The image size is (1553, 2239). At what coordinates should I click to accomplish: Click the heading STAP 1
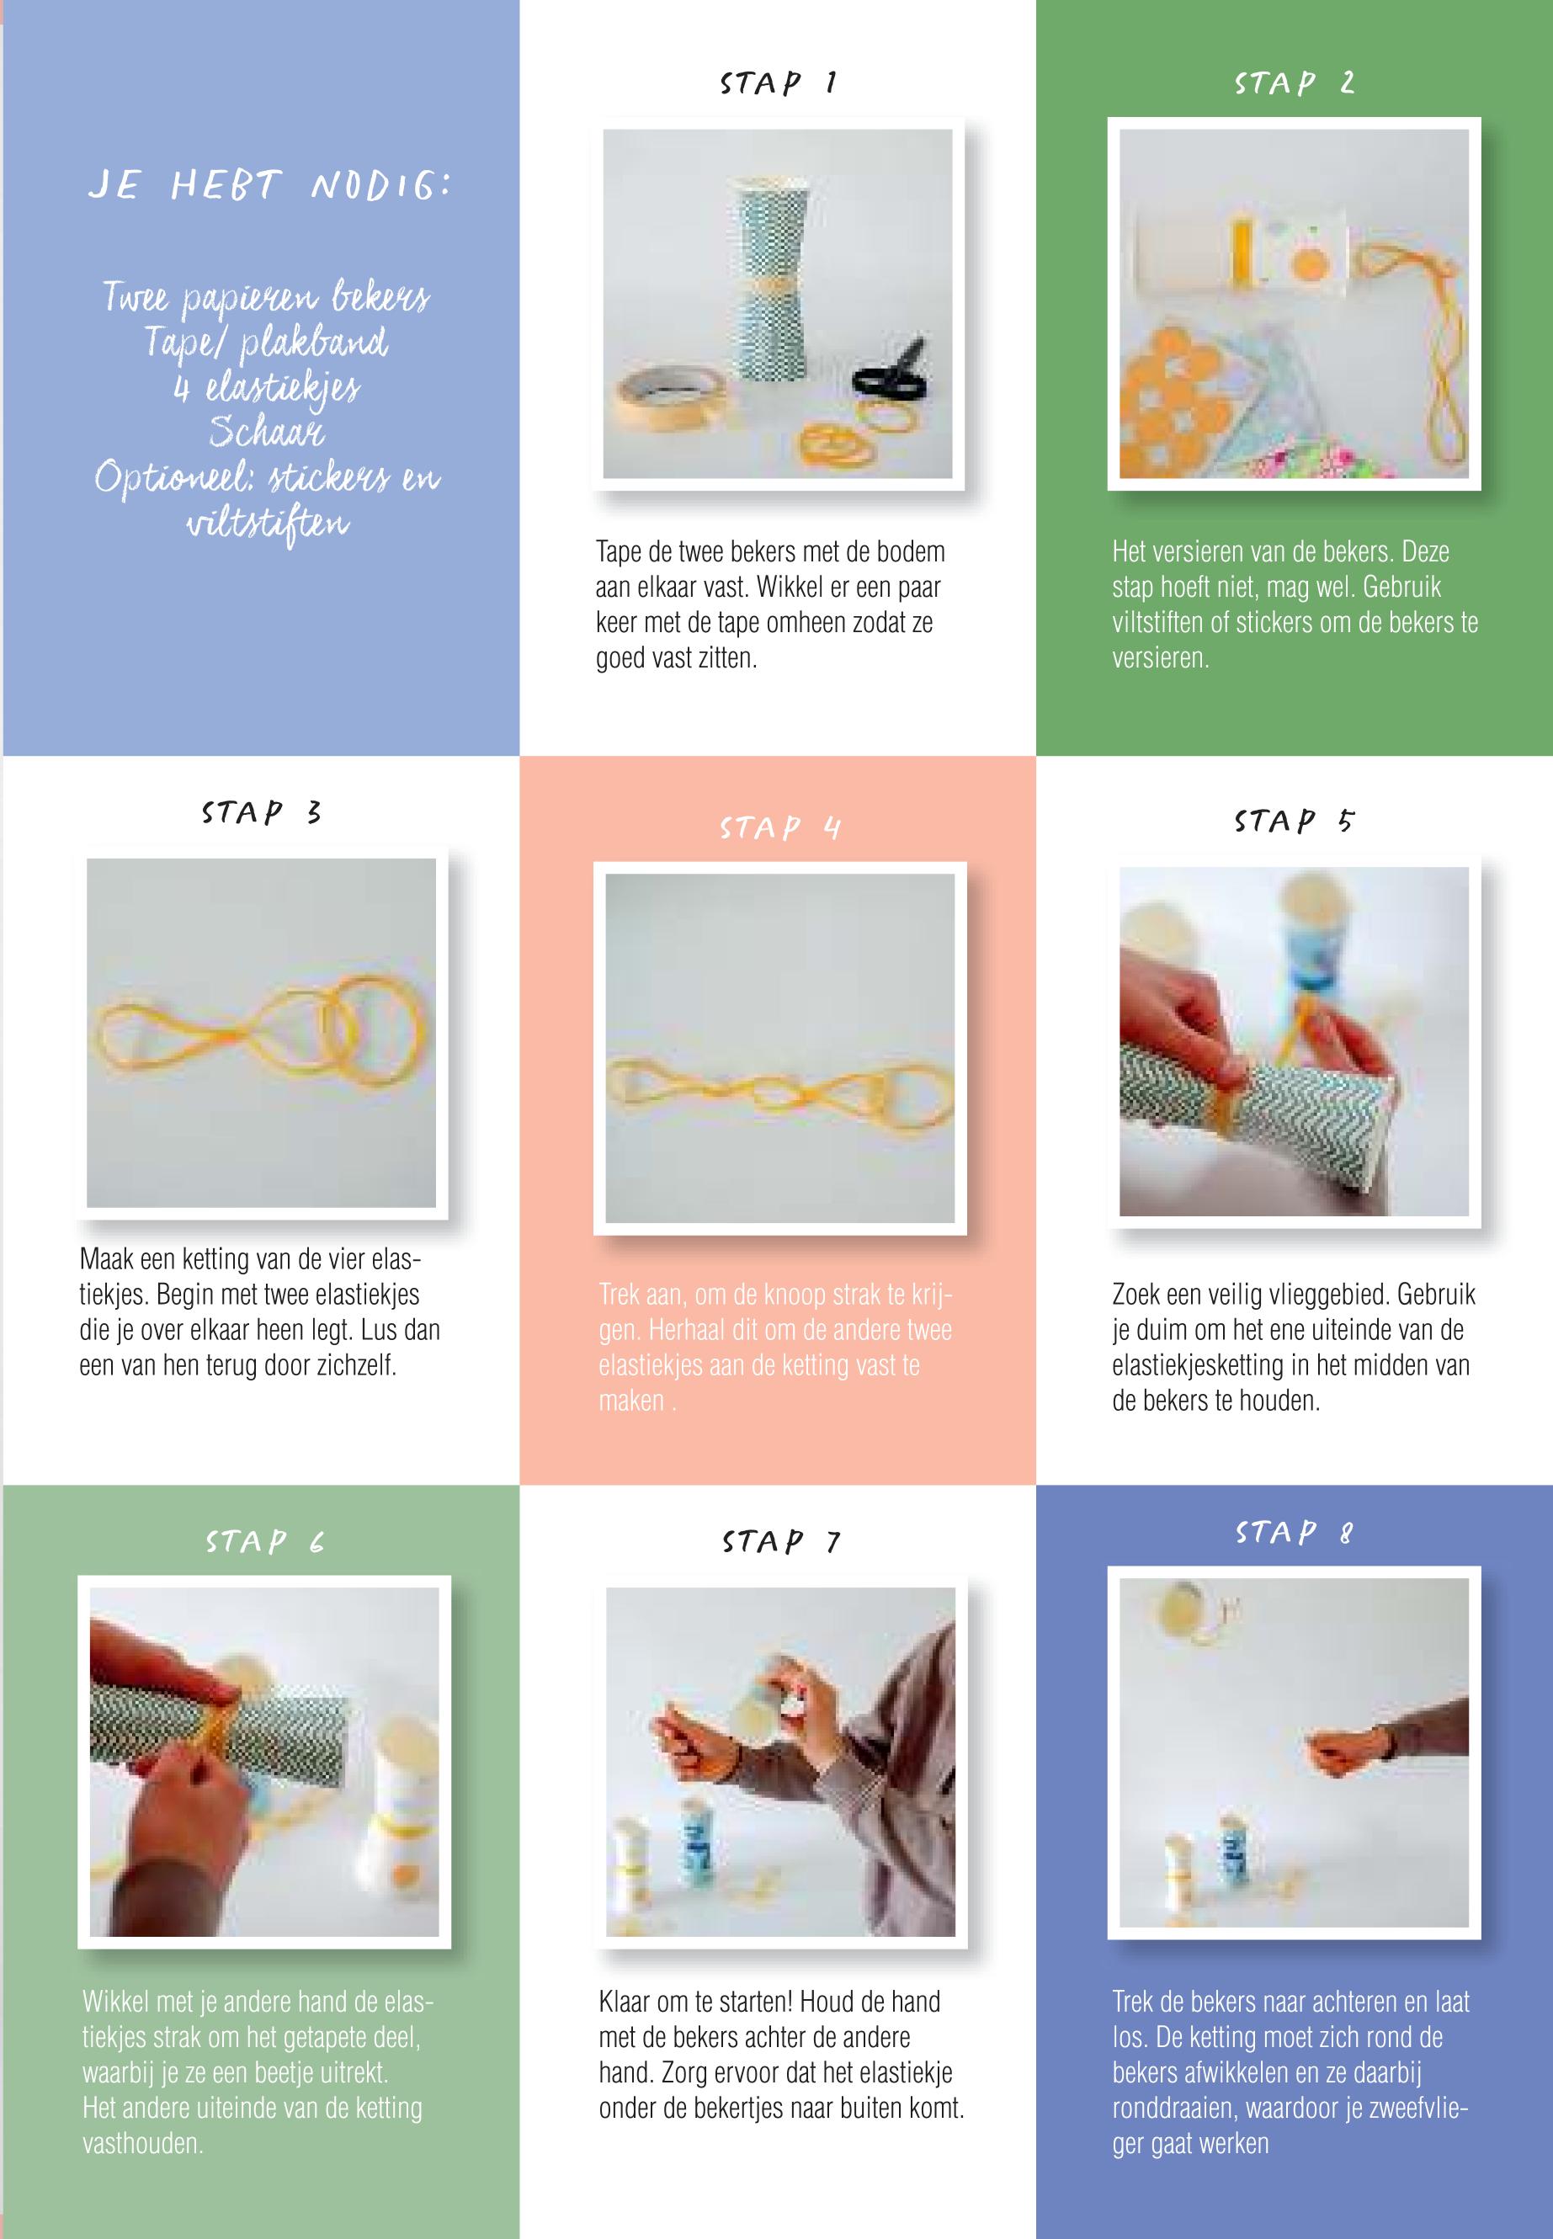(779, 82)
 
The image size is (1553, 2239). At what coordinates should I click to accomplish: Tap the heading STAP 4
(779, 827)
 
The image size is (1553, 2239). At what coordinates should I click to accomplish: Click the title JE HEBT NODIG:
(269, 185)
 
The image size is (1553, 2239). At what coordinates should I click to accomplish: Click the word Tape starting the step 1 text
(619, 553)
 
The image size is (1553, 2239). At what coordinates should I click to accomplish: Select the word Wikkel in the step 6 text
(116, 2002)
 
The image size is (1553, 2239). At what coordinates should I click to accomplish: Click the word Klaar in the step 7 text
(626, 2002)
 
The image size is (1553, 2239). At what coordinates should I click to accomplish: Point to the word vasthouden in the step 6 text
(143, 2143)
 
